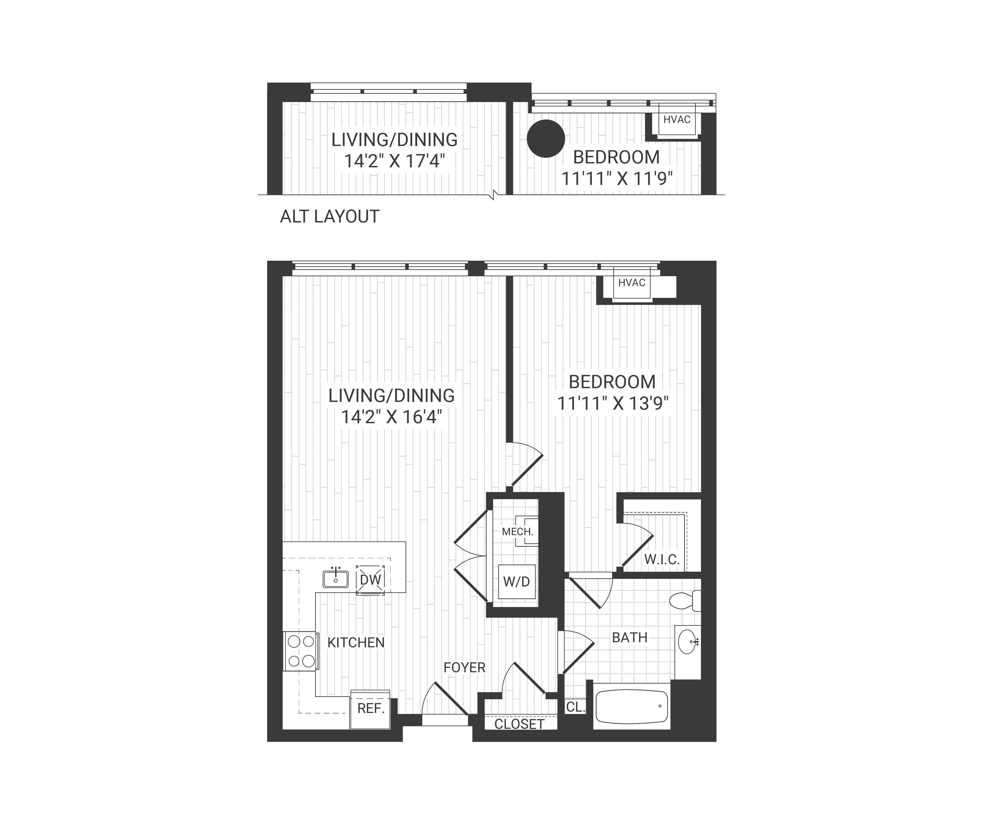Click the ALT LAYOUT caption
coord(329,217)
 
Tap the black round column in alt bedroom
coord(546,139)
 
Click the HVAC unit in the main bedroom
coord(632,283)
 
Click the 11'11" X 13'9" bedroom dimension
coord(612,403)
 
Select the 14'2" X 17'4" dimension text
coord(394,161)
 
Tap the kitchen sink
coord(336,579)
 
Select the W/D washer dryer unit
coord(516,582)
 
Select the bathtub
coord(632,706)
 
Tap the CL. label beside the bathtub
coord(575,707)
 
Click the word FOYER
coord(464,667)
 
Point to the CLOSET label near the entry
coord(519,724)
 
